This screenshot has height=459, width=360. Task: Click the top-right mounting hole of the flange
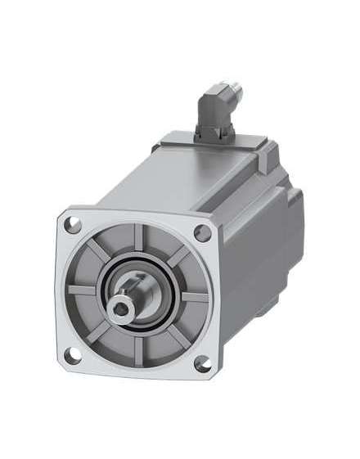click(x=204, y=232)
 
